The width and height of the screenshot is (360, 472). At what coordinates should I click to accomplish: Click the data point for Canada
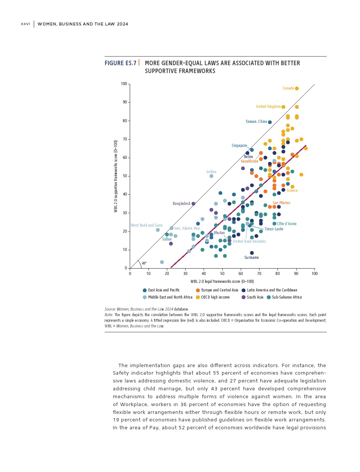pyautogui.click(x=297, y=88)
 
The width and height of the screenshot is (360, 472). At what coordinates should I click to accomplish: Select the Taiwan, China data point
pyautogui.click(x=270, y=122)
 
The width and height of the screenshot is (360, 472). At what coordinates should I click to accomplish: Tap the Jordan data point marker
pyautogui.click(x=211, y=176)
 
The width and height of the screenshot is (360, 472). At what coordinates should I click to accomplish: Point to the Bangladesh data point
pyautogui.click(x=193, y=204)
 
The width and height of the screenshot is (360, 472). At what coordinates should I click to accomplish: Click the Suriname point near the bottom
pyautogui.click(x=252, y=253)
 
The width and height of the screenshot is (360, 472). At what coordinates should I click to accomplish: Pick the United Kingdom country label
pyautogui.click(x=268, y=107)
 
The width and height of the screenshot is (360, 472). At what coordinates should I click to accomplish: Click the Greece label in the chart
pyautogui.click(x=292, y=191)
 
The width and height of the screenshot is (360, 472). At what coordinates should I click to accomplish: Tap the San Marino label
pyautogui.click(x=281, y=203)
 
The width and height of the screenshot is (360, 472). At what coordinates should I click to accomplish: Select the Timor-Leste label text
pyautogui.click(x=274, y=229)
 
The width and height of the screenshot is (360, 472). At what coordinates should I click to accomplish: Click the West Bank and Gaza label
pyautogui.click(x=146, y=226)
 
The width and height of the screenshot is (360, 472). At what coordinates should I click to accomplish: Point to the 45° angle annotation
pyautogui.click(x=144, y=263)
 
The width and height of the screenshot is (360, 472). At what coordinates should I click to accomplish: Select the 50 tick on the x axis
pyautogui.click(x=222, y=274)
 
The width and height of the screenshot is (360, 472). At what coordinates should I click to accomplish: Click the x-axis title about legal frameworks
pyautogui.click(x=222, y=282)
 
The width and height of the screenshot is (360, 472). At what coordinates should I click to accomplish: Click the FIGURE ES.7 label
pyautogui.click(x=120, y=63)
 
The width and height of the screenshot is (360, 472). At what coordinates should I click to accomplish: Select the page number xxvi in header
pyautogui.click(x=25, y=24)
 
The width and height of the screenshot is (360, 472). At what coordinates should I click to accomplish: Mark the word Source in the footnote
pyautogui.click(x=110, y=309)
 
